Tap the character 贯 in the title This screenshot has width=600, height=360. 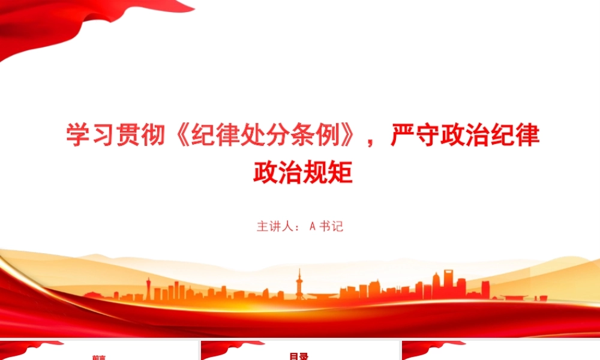pyautogui.click(x=128, y=134)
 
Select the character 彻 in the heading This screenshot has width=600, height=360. pyautogui.click(x=154, y=134)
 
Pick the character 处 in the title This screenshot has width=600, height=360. pyautogui.click(x=253, y=134)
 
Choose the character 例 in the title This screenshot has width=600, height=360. pyautogui.click(x=328, y=134)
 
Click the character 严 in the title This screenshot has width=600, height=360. pyautogui.click(x=403, y=134)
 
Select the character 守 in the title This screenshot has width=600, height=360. pyautogui.click(x=427, y=134)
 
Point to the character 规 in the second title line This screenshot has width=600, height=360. pyautogui.click(x=316, y=172)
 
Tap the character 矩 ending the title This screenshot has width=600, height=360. pyautogui.click(x=340, y=172)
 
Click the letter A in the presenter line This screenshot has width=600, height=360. pyautogui.click(x=312, y=226)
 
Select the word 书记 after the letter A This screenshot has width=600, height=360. pyautogui.click(x=331, y=226)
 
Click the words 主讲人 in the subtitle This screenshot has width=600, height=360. pyautogui.click(x=275, y=226)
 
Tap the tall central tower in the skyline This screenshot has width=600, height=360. pyautogui.click(x=299, y=284)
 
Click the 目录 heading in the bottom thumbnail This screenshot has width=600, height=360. pyautogui.click(x=299, y=356)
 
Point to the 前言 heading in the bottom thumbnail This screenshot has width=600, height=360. pyautogui.click(x=99, y=358)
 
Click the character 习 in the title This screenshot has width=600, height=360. pyautogui.click(x=104, y=134)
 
